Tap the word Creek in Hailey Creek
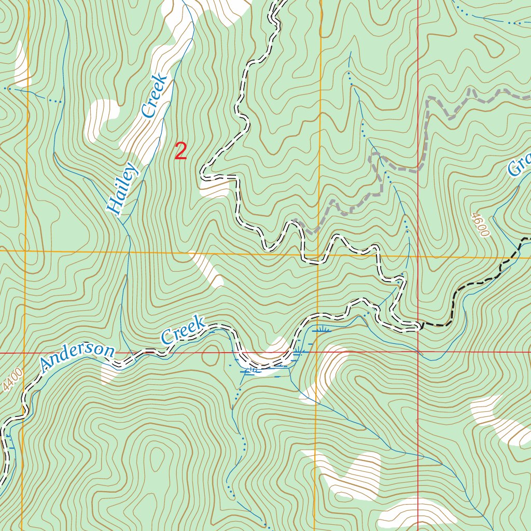(155, 96)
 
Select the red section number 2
(180, 152)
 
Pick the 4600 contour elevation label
(480, 225)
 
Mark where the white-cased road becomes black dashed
(420, 326)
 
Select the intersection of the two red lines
(418, 352)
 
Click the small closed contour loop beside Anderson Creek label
(210, 356)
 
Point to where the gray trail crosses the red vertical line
(418, 169)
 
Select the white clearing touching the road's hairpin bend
(215, 187)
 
